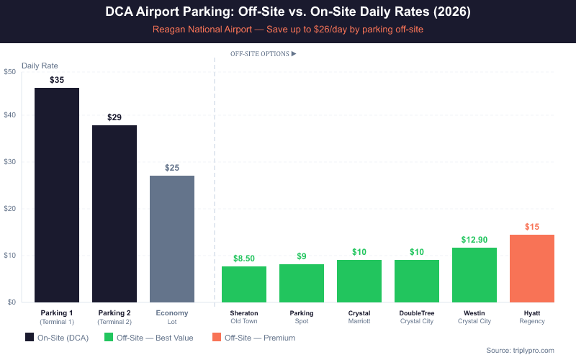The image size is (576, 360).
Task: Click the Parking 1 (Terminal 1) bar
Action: pyautogui.click(x=57, y=194)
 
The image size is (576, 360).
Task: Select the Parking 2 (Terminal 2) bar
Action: pyautogui.click(x=114, y=213)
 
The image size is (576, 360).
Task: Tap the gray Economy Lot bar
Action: pyautogui.click(x=172, y=238)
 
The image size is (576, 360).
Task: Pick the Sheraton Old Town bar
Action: pyautogui.click(x=244, y=284)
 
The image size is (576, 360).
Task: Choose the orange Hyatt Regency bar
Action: pyautogui.click(x=532, y=268)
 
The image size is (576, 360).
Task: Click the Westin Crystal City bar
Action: pyautogui.click(x=474, y=274)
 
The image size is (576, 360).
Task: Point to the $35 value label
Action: pyautogui.click(x=57, y=80)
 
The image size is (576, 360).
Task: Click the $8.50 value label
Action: pyautogui.click(x=244, y=258)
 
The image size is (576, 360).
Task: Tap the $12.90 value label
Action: pyautogui.click(x=474, y=240)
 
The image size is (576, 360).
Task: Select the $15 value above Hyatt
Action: pyautogui.click(x=532, y=227)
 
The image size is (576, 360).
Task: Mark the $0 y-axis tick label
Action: pyautogui.click(x=10, y=302)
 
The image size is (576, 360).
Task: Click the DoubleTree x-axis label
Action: pyautogui.click(x=417, y=317)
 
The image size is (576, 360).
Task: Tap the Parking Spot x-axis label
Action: pyautogui.click(x=302, y=317)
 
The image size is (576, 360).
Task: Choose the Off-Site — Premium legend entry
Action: pyautogui.click(x=253, y=337)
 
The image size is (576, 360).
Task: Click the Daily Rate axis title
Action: pyautogui.click(x=40, y=66)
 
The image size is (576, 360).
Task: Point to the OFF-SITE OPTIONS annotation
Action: pyautogui.click(x=263, y=54)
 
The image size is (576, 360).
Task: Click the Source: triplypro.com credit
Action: pyautogui.click(x=520, y=350)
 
